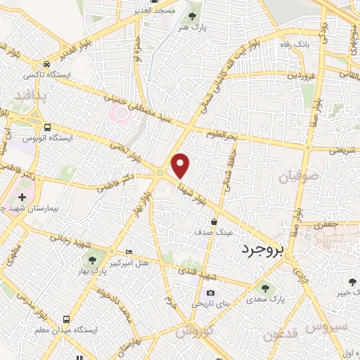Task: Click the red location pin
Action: (181, 166)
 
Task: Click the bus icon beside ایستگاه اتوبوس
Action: (47, 127)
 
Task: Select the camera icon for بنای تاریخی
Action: (210, 293)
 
